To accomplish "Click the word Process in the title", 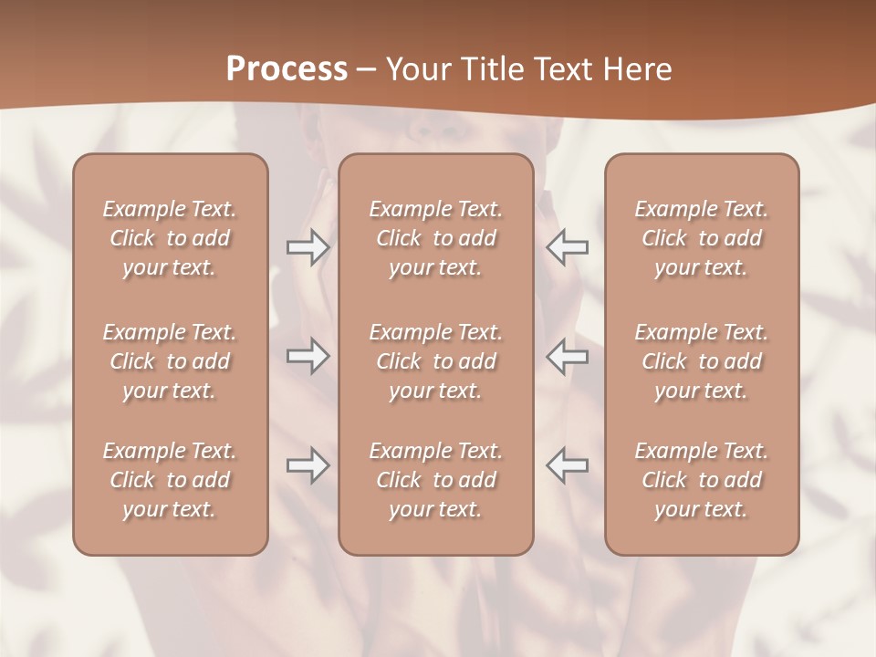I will coord(287,69).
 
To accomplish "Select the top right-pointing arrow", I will coord(308,246).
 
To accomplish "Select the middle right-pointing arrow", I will coord(308,356).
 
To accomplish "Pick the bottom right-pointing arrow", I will coord(308,465).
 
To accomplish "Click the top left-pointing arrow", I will coord(568,246).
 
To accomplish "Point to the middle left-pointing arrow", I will coord(568,356).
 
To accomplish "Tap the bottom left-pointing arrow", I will coord(568,465).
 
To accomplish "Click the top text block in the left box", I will coord(170,238).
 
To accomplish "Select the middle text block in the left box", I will coord(170,361).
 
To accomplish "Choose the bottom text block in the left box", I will coord(170,480).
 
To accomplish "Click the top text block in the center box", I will coord(436,238).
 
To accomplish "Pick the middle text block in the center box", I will coord(436,361).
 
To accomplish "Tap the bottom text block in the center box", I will coord(436,480).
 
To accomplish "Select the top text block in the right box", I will coord(702,238).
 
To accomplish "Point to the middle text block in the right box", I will coord(702,361).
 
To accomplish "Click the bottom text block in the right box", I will coord(702,480).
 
